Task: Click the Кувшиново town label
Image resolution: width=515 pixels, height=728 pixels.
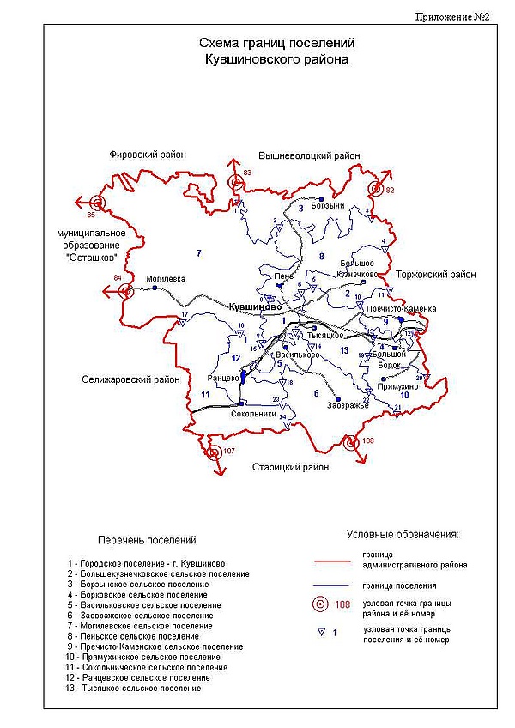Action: click(255, 306)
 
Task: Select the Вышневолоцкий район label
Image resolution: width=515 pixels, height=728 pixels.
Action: click(309, 155)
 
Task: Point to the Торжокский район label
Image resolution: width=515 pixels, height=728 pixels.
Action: click(436, 275)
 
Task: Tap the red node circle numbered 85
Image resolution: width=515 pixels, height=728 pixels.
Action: click(97, 203)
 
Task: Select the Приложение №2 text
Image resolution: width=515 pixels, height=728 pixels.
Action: click(451, 16)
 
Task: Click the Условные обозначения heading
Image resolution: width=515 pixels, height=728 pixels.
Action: click(403, 534)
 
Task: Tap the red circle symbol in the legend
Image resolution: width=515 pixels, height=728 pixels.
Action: click(320, 604)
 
